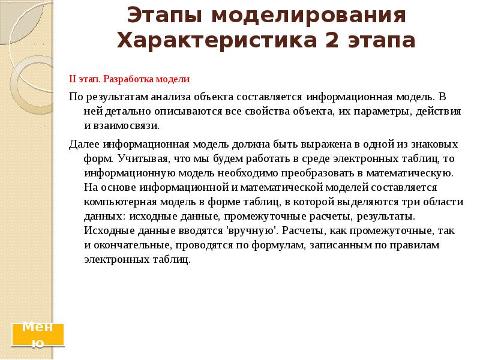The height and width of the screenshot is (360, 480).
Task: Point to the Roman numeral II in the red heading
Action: (x=73, y=79)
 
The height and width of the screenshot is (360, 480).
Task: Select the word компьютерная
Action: (x=117, y=202)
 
